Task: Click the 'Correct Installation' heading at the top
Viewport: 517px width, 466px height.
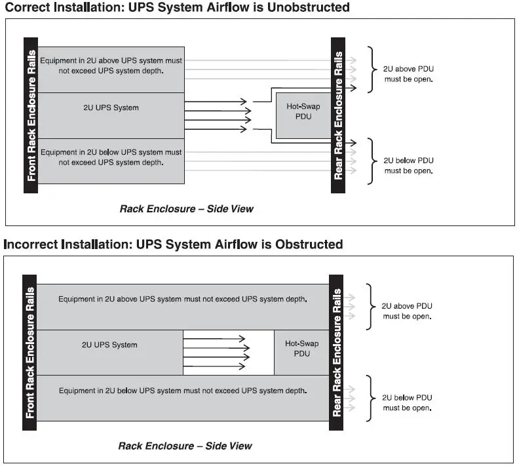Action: point(177,8)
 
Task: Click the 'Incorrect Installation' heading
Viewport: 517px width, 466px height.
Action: point(173,244)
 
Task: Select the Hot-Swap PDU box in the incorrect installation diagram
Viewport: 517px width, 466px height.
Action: point(301,349)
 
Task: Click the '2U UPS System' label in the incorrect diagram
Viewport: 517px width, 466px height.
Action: point(109,345)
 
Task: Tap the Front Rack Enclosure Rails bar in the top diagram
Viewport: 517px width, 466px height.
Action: point(31,115)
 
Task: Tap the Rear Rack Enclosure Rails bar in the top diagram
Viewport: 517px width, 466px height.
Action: point(338,115)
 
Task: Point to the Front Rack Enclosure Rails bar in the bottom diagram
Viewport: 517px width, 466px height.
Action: point(29,353)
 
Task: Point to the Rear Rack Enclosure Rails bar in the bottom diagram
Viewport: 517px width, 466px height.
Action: point(336,353)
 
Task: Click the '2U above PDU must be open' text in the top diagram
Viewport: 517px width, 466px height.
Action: point(409,73)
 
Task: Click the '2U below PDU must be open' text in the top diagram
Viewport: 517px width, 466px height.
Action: point(409,165)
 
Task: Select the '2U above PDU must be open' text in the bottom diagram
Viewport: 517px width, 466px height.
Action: point(407,311)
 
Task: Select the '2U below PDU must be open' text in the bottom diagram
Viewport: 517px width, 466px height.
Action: point(407,402)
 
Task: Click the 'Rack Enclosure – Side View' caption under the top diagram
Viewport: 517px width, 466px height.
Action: point(186,209)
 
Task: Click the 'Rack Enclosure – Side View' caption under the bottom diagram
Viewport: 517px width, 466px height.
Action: point(185,446)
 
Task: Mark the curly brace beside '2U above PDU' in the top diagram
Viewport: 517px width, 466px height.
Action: point(372,69)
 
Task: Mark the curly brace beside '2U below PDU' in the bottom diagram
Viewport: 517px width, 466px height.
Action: point(370,398)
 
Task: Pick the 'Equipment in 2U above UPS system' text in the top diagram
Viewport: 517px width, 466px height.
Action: point(111,66)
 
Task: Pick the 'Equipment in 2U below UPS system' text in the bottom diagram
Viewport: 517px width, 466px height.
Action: point(182,391)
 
